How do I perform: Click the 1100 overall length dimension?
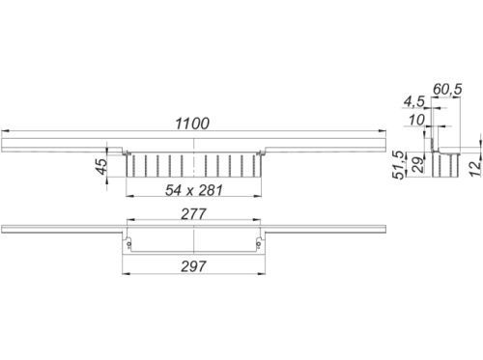(192, 124)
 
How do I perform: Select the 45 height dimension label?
(101, 167)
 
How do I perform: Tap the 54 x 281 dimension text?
(193, 190)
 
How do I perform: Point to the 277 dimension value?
(193, 214)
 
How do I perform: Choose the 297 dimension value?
(193, 266)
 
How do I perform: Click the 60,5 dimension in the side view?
(447, 89)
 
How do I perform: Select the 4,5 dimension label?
(414, 102)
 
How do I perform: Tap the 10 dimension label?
(416, 121)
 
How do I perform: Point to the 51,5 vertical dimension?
(399, 165)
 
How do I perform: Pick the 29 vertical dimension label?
(418, 165)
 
